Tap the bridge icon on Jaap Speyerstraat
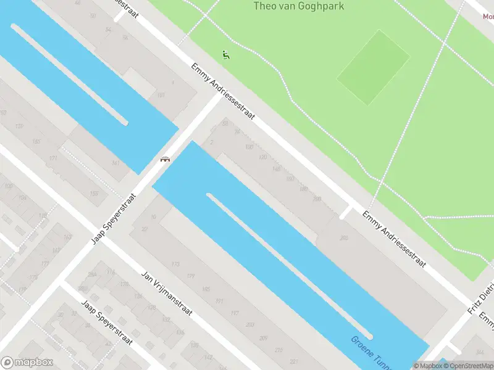(165, 159)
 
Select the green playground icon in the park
(226, 55)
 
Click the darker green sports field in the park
(373, 67)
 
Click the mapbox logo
(27, 363)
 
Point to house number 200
(317, 199)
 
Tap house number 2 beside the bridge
(211, 142)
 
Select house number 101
(161, 95)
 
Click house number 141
(115, 163)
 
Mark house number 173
(175, 265)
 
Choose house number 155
(94, 194)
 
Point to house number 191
(219, 301)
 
